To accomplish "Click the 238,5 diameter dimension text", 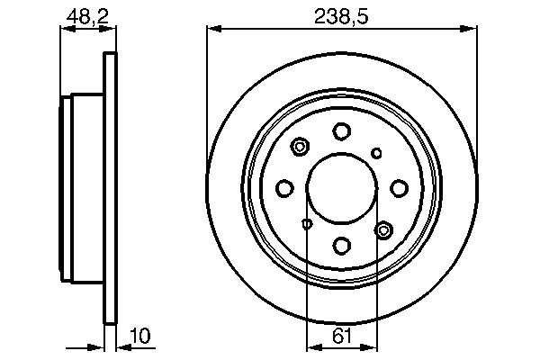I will pyautogui.click(x=342, y=15).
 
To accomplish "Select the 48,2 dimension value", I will pyautogui.click(x=87, y=15).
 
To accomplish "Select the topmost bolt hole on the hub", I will pyautogui.click(x=342, y=131).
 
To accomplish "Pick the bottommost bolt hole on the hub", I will pyautogui.click(x=342, y=244).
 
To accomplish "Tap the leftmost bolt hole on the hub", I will pyautogui.click(x=285, y=187).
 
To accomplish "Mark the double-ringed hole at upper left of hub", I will pyautogui.click(x=301, y=146).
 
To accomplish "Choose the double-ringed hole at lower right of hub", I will pyautogui.click(x=383, y=230).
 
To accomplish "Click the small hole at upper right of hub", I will pyautogui.click(x=377, y=152).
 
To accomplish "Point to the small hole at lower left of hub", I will pyautogui.click(x=307, y=223).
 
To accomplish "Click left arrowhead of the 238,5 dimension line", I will pyautogui.click(x=213, y=29).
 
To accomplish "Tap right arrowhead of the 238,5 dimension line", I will pyautogui.click(x=472, y=29).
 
